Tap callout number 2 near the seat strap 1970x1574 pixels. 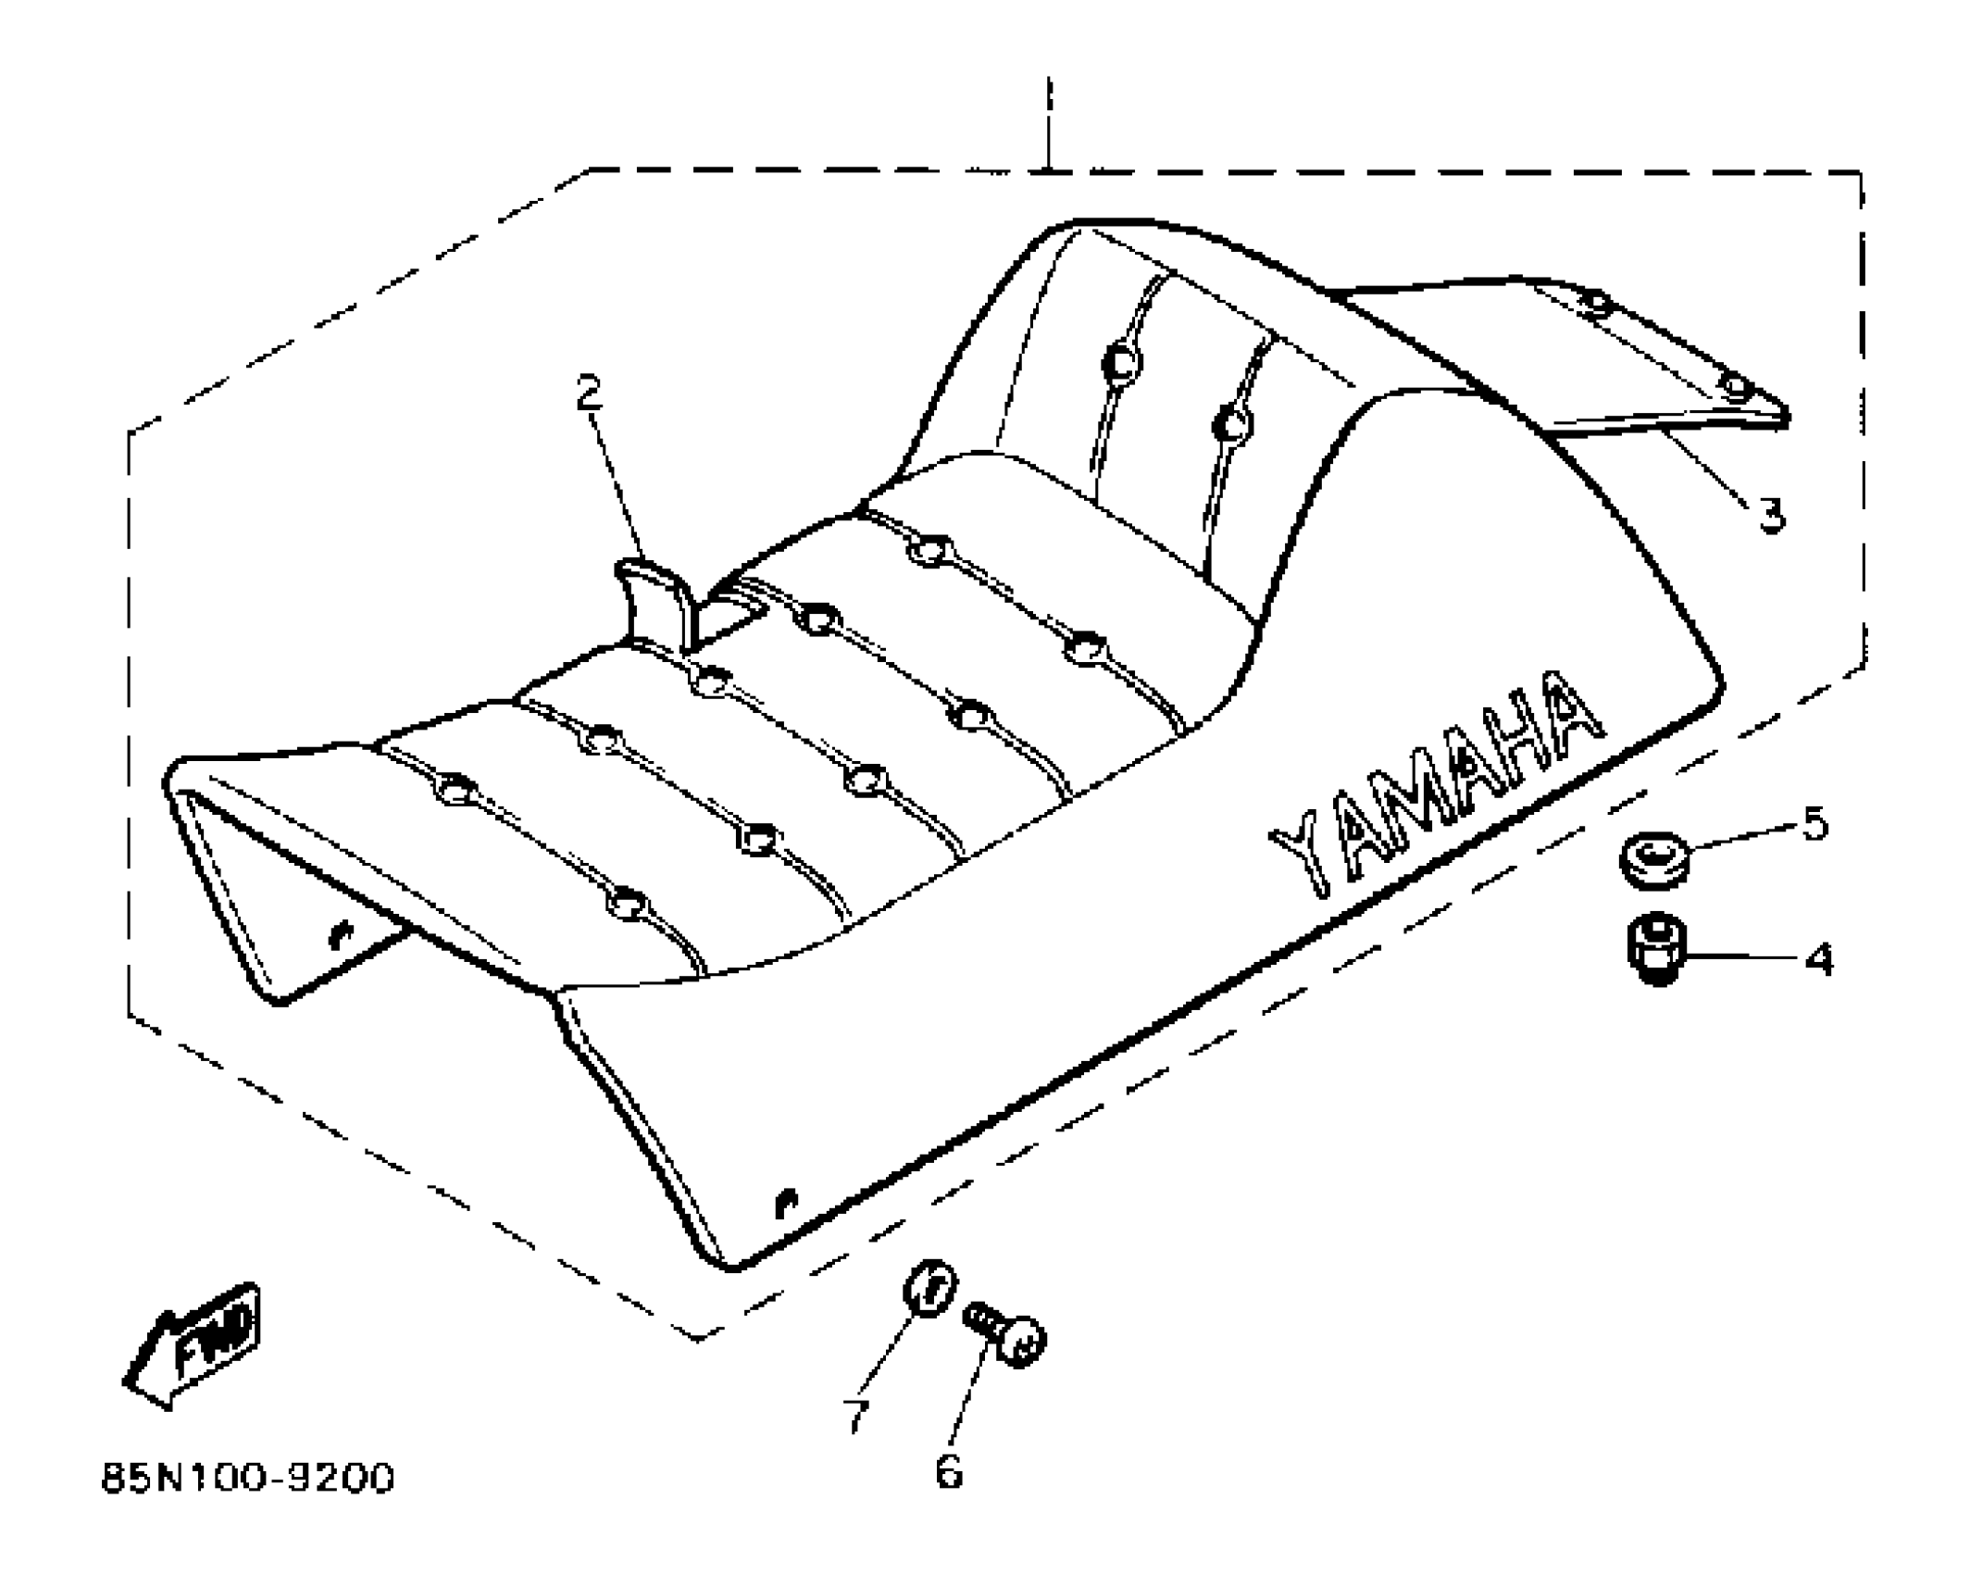pyautogui.click(x=589, y=393)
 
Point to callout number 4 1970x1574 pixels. pyautogui.click(x=1818, y=960)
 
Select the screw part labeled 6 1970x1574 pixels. pyautogui.click(x=1006, y=1334)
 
